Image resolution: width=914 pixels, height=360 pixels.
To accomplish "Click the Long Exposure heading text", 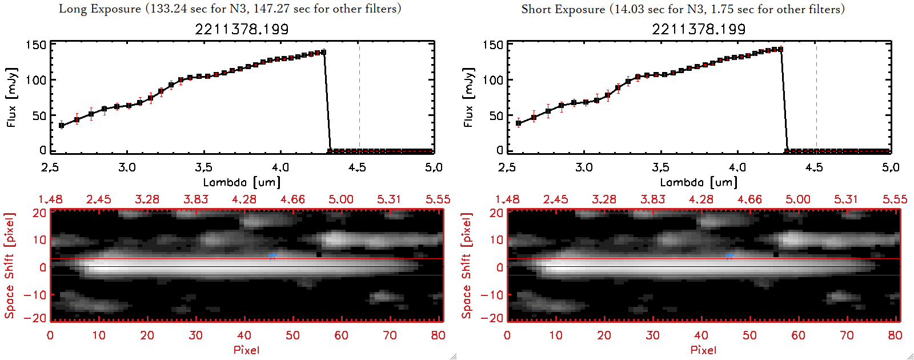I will tap(230, 9).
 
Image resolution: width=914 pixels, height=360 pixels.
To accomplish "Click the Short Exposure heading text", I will tap(683, 9).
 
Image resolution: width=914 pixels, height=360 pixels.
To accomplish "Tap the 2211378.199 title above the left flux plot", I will tap(242, 29).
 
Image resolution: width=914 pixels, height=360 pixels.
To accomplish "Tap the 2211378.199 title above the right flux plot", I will tap(699, 29).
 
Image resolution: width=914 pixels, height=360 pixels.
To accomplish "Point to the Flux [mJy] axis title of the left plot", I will tap(12, 97).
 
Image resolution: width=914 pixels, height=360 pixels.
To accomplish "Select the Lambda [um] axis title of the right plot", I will tap(699, 182).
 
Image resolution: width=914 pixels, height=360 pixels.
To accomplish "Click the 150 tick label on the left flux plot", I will tap(35, 45).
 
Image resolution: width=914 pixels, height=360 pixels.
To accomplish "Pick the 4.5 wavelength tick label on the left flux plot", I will tap(357, 167).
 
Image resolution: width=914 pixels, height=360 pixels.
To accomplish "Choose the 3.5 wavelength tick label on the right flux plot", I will tap(660, 167).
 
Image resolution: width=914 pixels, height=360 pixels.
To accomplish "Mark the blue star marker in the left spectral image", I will tap(272, 257).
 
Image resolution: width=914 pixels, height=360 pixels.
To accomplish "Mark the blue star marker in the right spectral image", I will tap(729, 257).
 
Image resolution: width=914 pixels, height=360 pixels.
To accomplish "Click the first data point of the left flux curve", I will tap(62, 125).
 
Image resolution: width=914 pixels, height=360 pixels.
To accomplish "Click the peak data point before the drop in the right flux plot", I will tap(780, 49).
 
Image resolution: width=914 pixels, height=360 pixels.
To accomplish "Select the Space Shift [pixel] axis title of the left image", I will tap(9, 266).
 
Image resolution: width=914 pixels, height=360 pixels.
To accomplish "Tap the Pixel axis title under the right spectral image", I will tap(703, 350).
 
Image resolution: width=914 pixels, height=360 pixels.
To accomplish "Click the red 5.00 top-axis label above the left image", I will tap(341, 199).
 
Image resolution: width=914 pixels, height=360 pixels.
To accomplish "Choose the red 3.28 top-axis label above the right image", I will tap(604, 199).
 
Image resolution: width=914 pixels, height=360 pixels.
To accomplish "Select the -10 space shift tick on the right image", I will tap(492, 295).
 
